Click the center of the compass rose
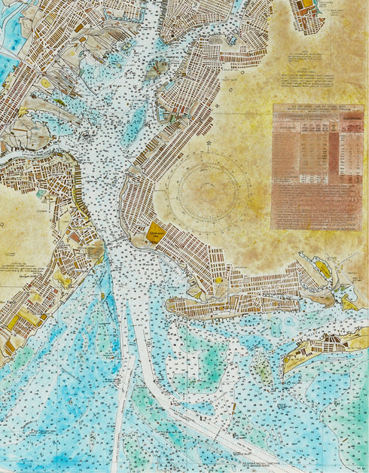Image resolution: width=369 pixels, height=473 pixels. (x=206, y=189)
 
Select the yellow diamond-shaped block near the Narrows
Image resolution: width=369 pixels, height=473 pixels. (x=156, y=232)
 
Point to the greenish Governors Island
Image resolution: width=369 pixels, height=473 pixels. (x=157, y=69)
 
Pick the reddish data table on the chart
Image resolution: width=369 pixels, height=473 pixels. (x=317, y=166)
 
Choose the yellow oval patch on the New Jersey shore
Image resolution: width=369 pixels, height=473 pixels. (x=47, y=82)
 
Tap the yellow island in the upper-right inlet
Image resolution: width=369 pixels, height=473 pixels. (x=322, y=267)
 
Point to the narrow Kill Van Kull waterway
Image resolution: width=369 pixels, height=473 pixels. (x=30, y=154)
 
